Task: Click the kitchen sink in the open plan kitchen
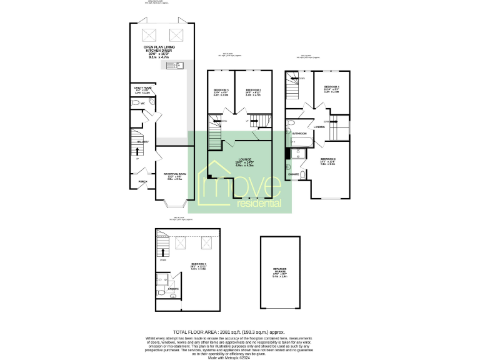tap(172, 65)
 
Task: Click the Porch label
tap(143, 182)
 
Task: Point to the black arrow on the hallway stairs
tap(138, 150)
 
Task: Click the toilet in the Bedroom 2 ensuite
tap(302, 174)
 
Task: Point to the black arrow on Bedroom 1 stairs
tap(164, 251)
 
